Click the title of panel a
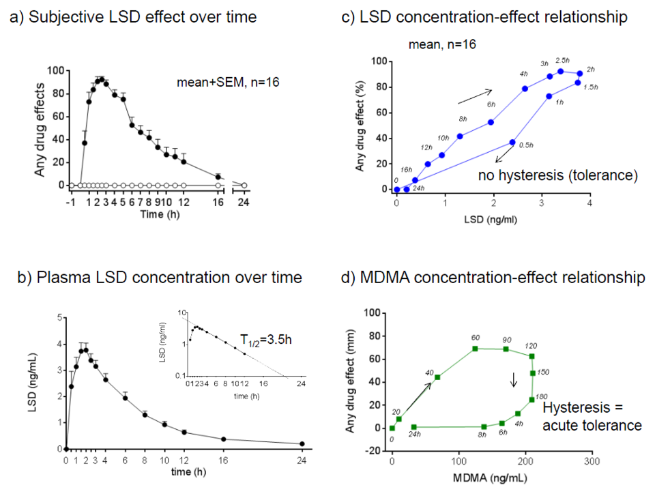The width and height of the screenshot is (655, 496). coord(132,17)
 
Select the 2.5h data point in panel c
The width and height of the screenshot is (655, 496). coord(560,71)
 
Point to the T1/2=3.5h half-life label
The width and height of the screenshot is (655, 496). coord(267,339)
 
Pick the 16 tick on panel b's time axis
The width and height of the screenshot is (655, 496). coord(223,461)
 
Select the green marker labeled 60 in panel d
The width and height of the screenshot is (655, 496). coord(475,349)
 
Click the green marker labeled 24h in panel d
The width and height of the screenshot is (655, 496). coord(413,427)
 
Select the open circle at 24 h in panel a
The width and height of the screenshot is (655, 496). coord(244,185)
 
